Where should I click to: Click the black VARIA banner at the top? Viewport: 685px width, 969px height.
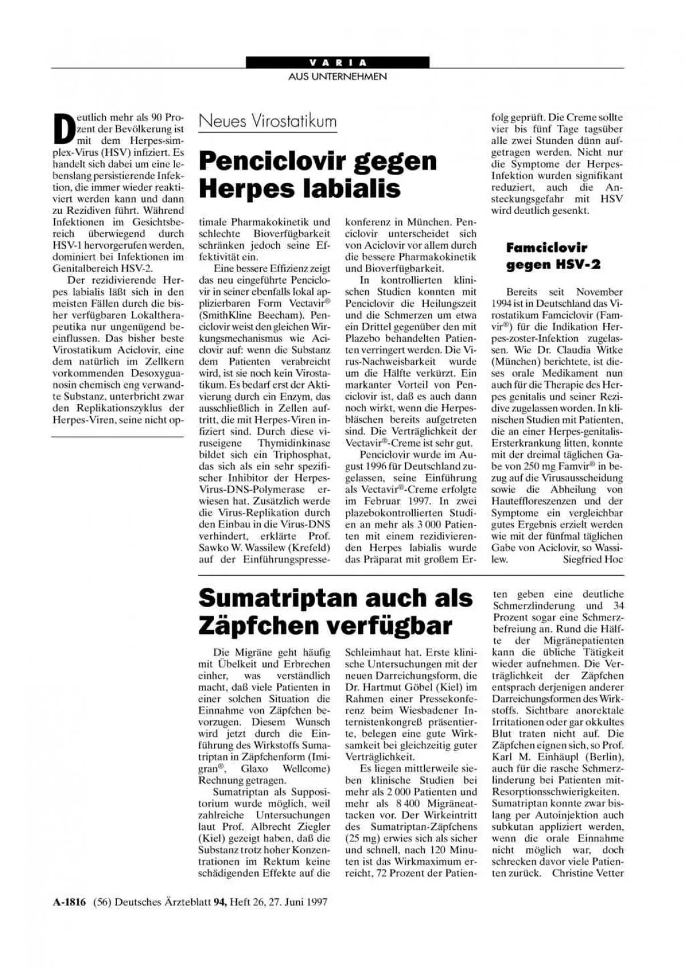coord(337,62)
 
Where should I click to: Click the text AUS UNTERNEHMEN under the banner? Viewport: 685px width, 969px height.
coord(337,76)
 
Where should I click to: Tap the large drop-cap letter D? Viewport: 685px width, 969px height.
coord(64,128)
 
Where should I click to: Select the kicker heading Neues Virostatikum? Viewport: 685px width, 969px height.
coord(267,122)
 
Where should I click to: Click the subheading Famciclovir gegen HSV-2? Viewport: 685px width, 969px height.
coord(546,256)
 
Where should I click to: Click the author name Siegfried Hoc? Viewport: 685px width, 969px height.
coord(593,559)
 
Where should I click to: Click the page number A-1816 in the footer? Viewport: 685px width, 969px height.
coord(69,902)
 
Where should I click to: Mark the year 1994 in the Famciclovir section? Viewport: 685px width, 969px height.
coord(503,304)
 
